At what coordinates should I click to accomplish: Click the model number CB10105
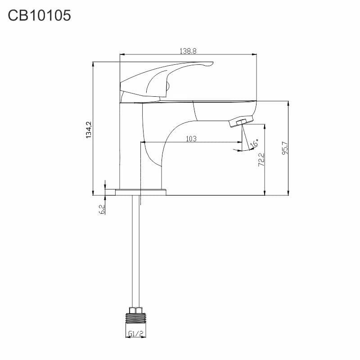coord(39,16)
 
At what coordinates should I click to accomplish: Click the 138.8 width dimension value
coord(188,51)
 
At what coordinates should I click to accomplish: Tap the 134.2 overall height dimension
coord(89,130)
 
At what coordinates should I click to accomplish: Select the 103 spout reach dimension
coord(191,139)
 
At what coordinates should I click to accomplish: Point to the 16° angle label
coord(254,143)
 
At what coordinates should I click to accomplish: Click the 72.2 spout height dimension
coord(261,160)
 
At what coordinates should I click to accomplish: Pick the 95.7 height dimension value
coord(285,148)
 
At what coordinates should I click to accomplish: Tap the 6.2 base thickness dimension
coord(102,209)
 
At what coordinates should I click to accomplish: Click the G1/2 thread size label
coord(136,333)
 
